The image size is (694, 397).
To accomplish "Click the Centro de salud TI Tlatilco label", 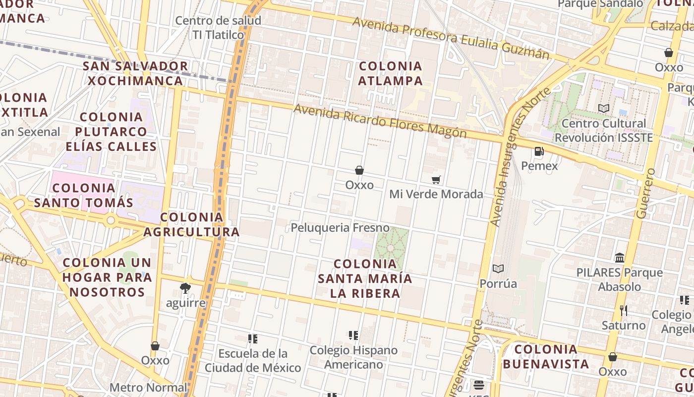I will (x=218, y=28).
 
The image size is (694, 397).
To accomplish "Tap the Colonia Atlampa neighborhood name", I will (x=391, y=73).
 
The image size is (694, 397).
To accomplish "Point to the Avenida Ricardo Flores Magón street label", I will (x=380, y=121).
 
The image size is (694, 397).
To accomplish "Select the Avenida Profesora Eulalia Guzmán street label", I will (x=451, y=38).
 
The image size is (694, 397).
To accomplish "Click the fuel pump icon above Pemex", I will (x=539, y=151).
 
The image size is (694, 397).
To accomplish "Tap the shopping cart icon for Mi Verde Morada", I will (x=436, y=180).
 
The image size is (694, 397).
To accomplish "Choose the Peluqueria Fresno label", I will (x=340, y=228).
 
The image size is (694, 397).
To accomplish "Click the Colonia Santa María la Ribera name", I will (x=365, y=278).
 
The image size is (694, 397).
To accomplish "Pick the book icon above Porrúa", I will (x=498, y=269).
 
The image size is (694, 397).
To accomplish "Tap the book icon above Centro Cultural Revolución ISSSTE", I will (x=604, y=108).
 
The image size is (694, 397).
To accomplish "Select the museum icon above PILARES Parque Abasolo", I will (x=620, y=258).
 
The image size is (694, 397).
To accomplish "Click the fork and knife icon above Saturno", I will (x=624, y=311).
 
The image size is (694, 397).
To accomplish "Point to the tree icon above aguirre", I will (x=185, y=288).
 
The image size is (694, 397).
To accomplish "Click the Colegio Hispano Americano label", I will (x=353, y=357).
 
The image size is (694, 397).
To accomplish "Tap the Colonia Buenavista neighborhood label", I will (x=546, y=356).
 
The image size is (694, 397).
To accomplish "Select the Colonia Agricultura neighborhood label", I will (x=192, y=224).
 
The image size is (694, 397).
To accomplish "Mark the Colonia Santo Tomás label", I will (x=84, y=195).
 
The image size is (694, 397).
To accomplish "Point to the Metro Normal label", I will (x=148, y=388).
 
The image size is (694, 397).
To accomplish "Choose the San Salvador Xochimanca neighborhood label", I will (x=135, y=73).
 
